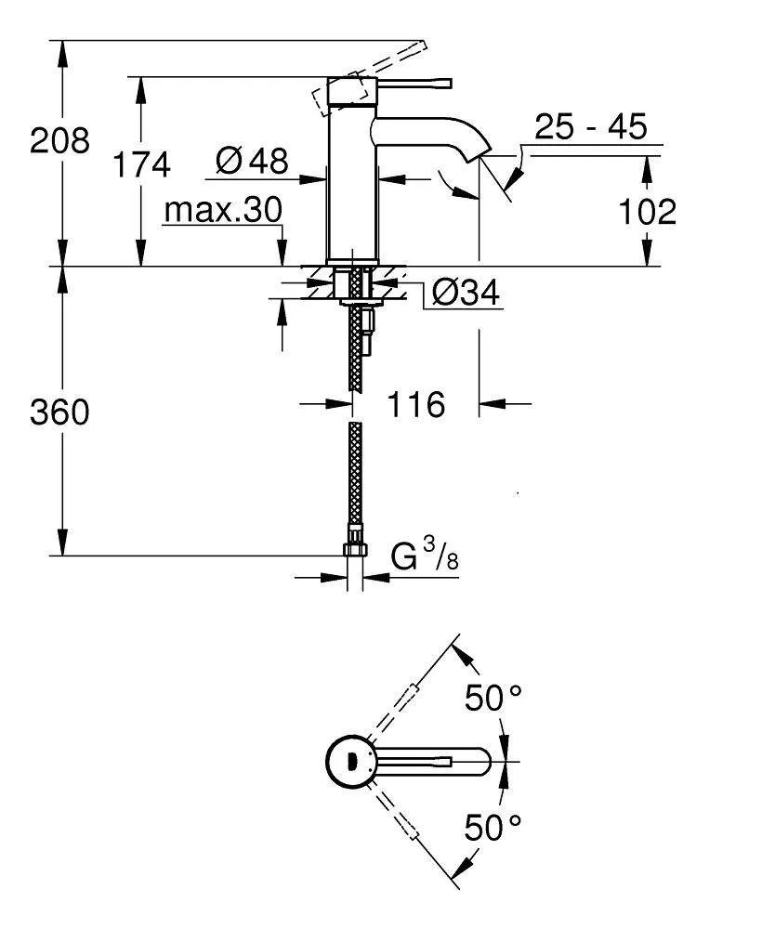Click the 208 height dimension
(x=59, y=141)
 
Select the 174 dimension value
(x=141, y=164)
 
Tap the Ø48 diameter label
(x=251, y=162)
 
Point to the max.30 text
(x=222, y=211)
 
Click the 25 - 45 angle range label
(x=590, y=126)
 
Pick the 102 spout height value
(x=647, y=212)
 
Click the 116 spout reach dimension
(x=415, y=404)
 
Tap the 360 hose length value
(x=59, y=412)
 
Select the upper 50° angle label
(x=493, y=699)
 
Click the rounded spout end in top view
(x=479, y=763)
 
